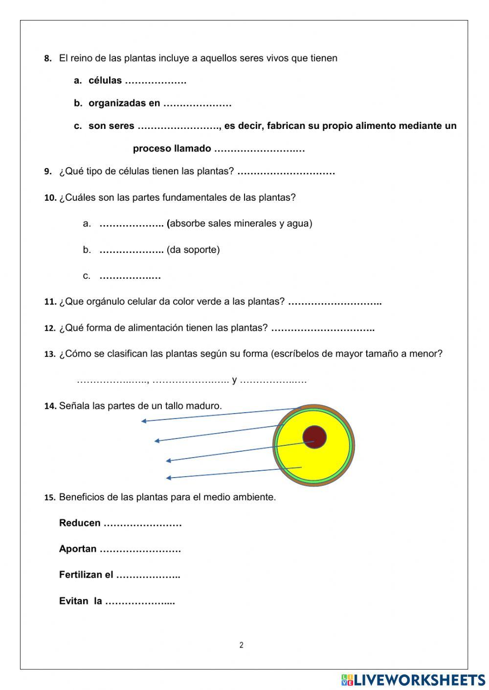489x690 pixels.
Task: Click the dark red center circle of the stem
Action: click(x=314, y=437)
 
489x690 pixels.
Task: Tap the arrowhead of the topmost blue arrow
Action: click(x=144, y=421)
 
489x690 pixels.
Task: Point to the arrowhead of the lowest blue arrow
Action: click(x=168, y=478)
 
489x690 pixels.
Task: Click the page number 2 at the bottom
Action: click(x=241, y=645)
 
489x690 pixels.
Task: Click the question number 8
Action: click(x=47, y=59)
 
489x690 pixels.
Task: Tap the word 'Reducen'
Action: click(x=80, y=523)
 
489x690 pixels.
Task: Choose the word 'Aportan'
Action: click(x=78, y=549)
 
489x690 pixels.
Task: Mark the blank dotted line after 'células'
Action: click(x=156, y=82)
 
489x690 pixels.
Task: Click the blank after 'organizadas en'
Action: click(x=197, y=104)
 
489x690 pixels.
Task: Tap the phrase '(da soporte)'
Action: click(x=193, y=250)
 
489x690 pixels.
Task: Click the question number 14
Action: click(x=50, y=406)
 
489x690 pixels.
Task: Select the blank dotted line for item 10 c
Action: click(x=130, y=277)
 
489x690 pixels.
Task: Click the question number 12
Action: click(x=50, y=328)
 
